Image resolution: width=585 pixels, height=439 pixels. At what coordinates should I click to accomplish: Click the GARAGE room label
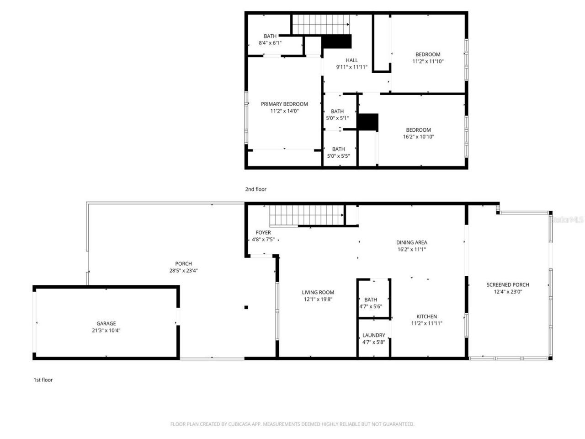coord(106,323)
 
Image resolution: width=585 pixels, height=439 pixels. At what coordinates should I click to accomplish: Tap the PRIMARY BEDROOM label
coord(284,104)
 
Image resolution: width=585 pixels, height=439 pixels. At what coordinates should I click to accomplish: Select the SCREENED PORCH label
coord(507,284)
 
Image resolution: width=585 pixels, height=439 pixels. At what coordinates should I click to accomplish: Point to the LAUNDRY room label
coord(373,335)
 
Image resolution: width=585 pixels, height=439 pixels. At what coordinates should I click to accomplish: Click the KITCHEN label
coord(426,316)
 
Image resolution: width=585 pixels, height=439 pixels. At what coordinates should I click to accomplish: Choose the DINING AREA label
coord(411,242)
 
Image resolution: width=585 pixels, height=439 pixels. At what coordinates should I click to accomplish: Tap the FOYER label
coord(263,232)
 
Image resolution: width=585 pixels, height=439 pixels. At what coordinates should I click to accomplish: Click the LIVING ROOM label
coord(318,292)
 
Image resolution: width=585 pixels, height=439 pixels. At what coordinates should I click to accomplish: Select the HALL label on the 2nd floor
coord(351,60)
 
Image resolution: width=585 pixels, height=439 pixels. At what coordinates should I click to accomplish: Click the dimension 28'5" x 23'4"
coord(183,270)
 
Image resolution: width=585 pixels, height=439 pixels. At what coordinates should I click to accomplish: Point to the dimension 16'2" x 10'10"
coord(418,136)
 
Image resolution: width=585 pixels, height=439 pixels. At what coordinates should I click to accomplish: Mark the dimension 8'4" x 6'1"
coord(270,43)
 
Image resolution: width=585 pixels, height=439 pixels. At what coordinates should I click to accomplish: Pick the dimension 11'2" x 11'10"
coord(428,61)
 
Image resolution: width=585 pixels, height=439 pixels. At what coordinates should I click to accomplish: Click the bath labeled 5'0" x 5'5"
coord(338,152)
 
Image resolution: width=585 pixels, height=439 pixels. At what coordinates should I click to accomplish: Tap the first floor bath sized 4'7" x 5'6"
coord(371,303)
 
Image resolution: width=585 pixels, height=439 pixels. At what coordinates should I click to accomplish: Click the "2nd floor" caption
coord(255,189)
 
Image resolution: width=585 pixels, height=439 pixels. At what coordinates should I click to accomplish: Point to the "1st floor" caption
coord(43,380)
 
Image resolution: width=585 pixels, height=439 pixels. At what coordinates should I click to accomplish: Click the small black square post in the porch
coord(246,307)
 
